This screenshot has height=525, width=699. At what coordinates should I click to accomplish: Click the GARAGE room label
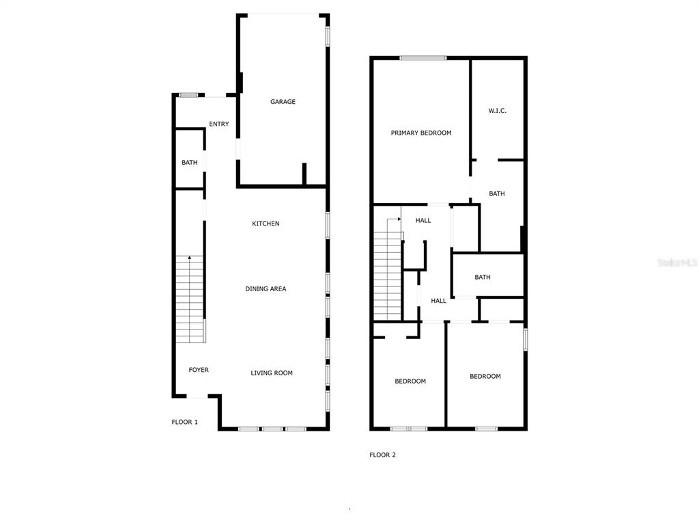[x=283, y=102]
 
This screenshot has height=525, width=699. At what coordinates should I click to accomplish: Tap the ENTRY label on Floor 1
[x=219, y=124]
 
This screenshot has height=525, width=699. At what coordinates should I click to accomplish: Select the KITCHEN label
[x=266, y=224]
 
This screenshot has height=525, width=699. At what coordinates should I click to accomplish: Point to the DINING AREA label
[x=266, y=289]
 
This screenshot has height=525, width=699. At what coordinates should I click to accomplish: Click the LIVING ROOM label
[x=272, y=373]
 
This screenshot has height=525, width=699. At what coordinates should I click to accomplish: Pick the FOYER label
[x=199, y=370]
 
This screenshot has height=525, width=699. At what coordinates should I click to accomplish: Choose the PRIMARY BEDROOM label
[x=421, y=133]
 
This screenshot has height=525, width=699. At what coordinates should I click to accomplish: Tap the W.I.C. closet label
[x=498, y=111]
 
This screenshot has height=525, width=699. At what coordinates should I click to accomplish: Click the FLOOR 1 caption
[x=185, y=422]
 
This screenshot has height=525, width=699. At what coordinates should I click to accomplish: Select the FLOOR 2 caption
[x=383, y=455]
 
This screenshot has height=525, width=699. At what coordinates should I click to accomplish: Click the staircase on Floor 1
[x=190, y=299]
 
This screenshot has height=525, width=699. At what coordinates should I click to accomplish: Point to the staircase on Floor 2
[x=387, y=275]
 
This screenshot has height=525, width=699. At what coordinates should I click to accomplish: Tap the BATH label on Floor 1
[x=189, y=163]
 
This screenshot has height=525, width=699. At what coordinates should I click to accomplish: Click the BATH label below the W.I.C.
[x=497, y=193]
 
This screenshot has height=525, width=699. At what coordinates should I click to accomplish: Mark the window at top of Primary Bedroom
[x=423, y=58]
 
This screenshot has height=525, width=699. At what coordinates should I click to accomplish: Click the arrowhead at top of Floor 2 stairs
[x=399, y=219]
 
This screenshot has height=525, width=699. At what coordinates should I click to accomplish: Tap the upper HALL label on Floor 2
[x=423, y=220]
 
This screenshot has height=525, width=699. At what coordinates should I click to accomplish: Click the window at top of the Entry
[x=188, y=94]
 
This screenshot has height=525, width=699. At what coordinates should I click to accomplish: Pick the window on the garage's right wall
[x=328, y=36]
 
